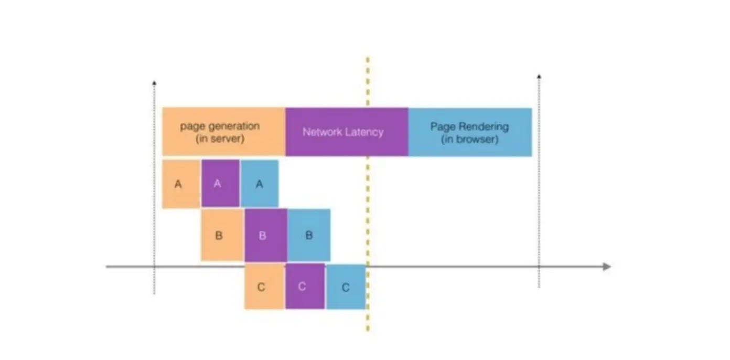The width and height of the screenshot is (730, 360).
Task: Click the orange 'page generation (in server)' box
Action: pyautogui.click(x=223, y=132)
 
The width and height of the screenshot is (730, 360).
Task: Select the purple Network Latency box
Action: pyautogui.click(x=347, y=132)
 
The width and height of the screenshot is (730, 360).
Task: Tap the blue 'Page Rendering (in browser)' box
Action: pyautogui.click(x=470, y=132)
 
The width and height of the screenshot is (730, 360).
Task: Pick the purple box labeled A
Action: pyautogui.click(x=220, y=184)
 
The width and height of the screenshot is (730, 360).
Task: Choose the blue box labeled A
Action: pyautogui.click(x=260, y=184)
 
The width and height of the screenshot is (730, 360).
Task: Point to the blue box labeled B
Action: pyautogui.click(x=309, y=235)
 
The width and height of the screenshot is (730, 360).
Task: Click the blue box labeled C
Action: pyautogui.click(x=346, y=287)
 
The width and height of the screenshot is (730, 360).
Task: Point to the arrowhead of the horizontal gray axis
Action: pyautogui.click(x=607, y=267)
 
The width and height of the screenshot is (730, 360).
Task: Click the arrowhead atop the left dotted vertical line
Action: pyautogui.click(x=154, y=82)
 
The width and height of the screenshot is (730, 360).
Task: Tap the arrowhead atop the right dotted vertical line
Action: pyautogui.click(x=539, y=77)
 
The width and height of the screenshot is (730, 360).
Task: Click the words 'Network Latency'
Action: pyautogui.click(x=343, y=132)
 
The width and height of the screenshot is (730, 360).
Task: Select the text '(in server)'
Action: pyautogui.click(x=220, y=140)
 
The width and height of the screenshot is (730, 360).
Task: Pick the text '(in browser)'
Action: pyautogui.click(x=469, y=140)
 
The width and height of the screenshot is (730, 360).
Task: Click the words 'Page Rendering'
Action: pyautogui.click(x=469, y=126)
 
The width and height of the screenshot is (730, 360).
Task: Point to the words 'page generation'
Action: pyautogui.click(x=220, y=126)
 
